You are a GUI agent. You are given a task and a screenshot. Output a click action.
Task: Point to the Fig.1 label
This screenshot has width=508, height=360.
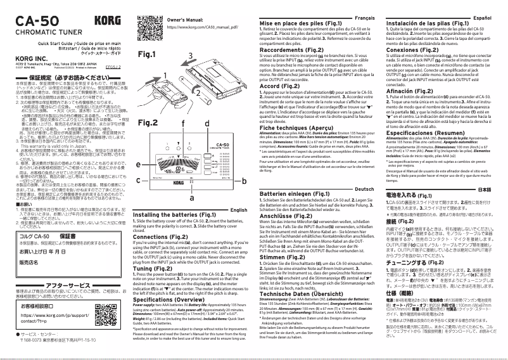click(148, 55)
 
